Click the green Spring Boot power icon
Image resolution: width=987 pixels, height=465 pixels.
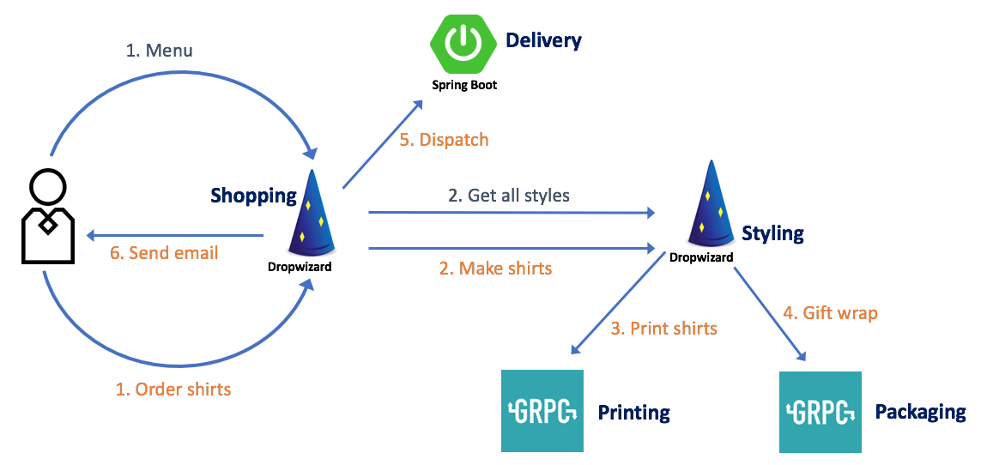464,42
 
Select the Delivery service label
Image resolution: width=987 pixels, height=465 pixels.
543,40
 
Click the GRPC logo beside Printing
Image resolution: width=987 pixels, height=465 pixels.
542,411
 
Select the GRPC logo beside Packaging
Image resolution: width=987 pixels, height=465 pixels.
820,412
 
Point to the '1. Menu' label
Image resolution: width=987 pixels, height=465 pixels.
160,51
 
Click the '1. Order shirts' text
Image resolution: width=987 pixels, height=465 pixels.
173,389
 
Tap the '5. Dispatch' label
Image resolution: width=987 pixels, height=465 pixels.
444,139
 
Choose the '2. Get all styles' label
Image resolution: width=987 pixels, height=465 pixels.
509,196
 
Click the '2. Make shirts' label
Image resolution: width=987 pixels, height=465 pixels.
495,269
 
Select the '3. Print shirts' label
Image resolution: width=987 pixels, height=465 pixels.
663,328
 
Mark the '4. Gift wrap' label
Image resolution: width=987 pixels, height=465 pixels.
829,313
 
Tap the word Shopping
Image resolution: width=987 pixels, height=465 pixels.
253,196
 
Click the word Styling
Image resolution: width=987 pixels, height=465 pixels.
772,232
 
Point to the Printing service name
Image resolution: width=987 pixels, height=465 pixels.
633,413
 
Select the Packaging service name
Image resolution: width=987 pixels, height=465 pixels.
920,412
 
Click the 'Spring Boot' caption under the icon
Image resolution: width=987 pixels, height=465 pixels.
464,85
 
